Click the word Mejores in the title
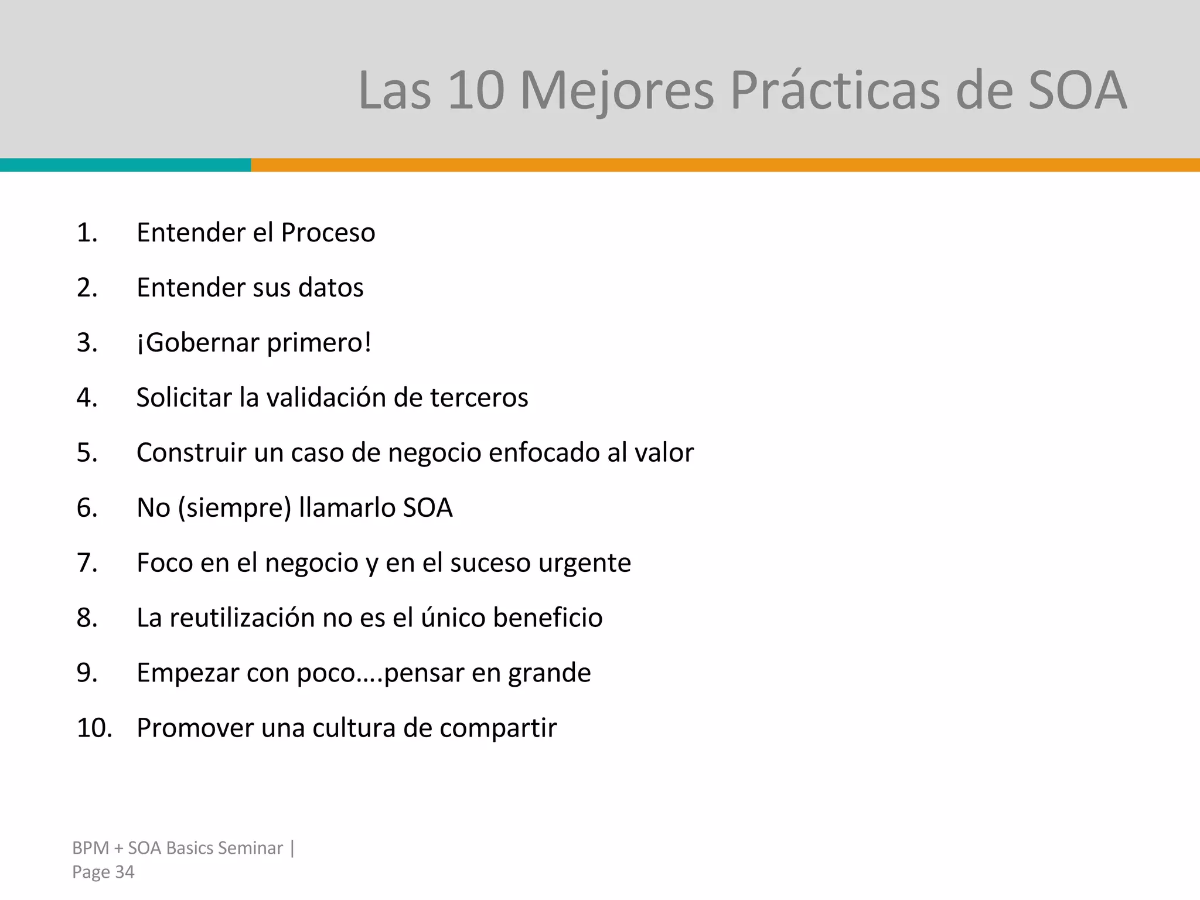tap(616, 91)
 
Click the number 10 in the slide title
tap(475, 91)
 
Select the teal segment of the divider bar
tap(125, 165)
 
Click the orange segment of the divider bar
tap(725, 165)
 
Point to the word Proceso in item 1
tap(328, 233)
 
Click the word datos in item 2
tap(330, 288)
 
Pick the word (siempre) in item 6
tap(234, 508)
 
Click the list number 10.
tap(94, 728)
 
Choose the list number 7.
tap(87, 563)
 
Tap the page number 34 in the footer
tap(124, 872)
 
